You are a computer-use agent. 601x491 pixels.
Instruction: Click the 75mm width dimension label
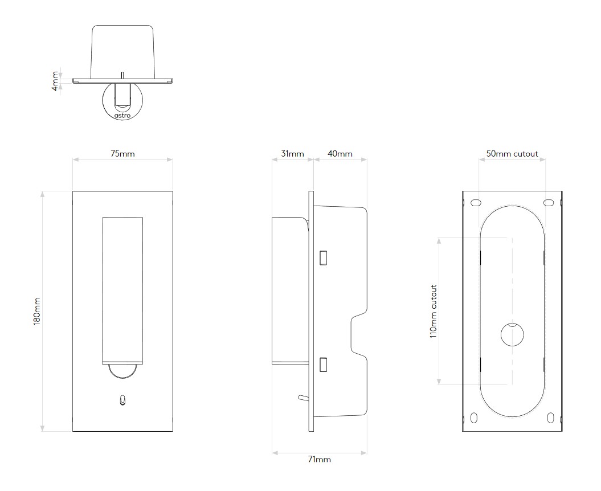point(122,154)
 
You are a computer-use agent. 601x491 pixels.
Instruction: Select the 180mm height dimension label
point(37,312)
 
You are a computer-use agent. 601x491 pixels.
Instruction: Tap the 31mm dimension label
point(292,154)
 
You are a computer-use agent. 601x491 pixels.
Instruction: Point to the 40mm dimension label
point(340,154)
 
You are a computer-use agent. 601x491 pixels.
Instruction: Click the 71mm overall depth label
point(319,459)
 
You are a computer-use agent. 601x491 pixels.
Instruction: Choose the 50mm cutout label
point(512,154)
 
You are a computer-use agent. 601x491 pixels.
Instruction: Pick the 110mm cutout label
point(434,311)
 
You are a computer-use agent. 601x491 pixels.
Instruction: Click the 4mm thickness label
point(56,81)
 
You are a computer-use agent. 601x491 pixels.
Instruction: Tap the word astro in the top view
point(122,116)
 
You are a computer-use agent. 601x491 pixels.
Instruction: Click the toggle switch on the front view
point(122,400)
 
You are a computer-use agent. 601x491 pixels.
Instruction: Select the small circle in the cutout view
point(513,334)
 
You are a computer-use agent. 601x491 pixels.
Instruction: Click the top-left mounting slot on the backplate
point(476,202)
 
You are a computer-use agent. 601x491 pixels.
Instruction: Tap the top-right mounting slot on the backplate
point(549,202)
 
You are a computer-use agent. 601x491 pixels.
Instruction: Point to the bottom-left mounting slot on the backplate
point(474,418)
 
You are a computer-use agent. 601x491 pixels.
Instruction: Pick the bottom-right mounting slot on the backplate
point(550,418)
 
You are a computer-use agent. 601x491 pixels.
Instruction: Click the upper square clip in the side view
point(323,257)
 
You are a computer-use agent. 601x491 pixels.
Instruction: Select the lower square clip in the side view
point(323,364)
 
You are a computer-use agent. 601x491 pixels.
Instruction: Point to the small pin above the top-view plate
point(122,75)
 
